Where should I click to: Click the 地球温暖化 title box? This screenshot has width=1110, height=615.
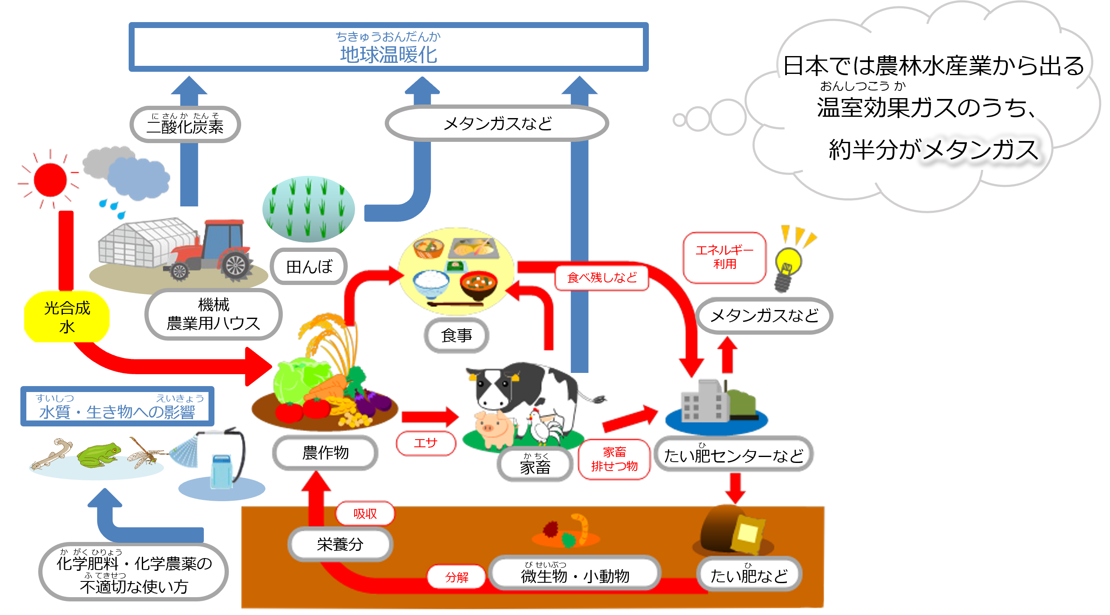click(x=388, y=47)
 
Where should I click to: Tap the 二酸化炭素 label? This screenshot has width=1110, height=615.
click(x=185, y=124)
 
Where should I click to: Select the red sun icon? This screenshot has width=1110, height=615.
click(x=51, y=180)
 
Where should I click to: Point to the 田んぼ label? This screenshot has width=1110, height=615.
click(x=309, y=267)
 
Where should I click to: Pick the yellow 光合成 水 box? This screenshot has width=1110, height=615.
click(x=67, y=317)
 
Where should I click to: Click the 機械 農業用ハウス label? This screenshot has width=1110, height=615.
click(x=213, y=314)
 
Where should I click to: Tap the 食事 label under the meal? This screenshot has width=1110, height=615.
click(x=456, y=335)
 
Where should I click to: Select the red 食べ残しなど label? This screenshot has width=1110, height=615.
click(x=602, y=277)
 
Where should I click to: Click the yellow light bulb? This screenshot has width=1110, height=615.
click(x=789, y=263)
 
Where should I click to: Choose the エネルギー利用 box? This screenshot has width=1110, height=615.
click(x=724, y=257)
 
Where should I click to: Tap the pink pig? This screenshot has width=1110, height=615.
click(x=494, y=429)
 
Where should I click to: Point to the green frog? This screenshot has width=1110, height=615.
click(x=98, y=454)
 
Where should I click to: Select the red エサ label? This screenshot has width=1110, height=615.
click(x=426, y=443)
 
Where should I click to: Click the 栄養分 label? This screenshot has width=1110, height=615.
click(x=340, y=544)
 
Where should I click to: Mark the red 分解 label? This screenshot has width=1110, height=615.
click(x=456, y=577)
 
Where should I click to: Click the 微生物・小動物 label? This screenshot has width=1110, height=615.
click(x=575, y=575)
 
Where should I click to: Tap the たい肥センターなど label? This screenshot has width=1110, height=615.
click(x=733, y=455)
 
